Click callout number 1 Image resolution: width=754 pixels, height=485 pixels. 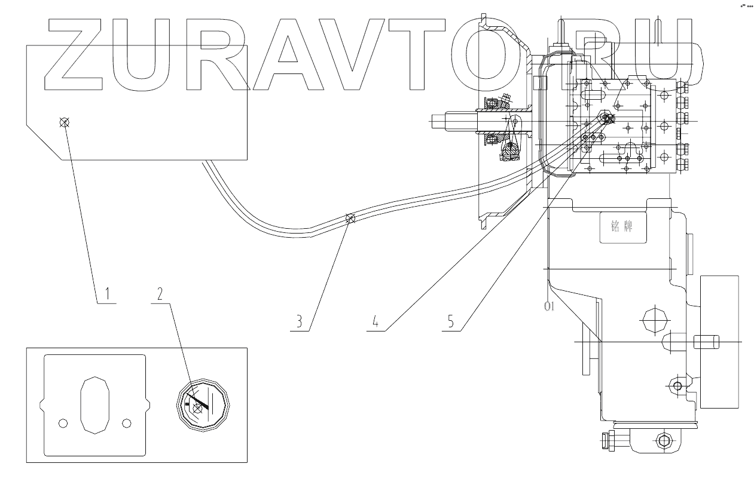point(107,293)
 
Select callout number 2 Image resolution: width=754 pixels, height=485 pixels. point(160,293)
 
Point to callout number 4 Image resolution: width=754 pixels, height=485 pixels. point(375,321)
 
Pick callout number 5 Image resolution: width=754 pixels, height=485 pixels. point(450,321)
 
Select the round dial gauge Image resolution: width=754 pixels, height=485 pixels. point(203,404)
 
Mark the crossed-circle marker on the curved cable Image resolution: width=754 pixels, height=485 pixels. point(351,219)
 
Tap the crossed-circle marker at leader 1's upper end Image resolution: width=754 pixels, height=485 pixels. point(65,123)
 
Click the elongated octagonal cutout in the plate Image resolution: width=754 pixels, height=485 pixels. point(94,404)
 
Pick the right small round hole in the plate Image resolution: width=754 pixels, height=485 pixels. point(126,423)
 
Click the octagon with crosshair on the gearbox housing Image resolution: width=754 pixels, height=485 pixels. point(653,323)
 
